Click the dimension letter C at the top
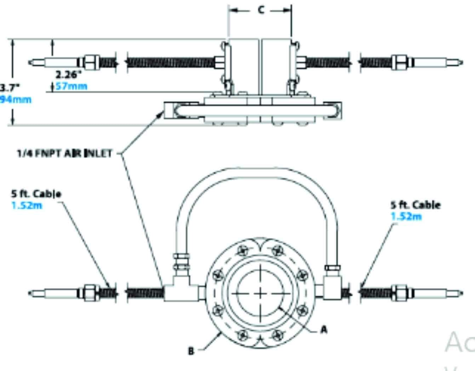coord(261,10)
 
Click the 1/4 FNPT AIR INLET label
coord(64,154)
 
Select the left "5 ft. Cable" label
coord(36,194)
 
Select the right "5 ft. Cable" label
coord(416,205)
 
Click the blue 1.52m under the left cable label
coord(27,205)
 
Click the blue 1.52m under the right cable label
coord(406,216)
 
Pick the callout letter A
coord(324,330)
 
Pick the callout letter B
coord(191,351)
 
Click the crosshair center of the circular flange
coord(260,293)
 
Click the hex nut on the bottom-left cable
coord(88,293)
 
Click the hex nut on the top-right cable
coord(400,62)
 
